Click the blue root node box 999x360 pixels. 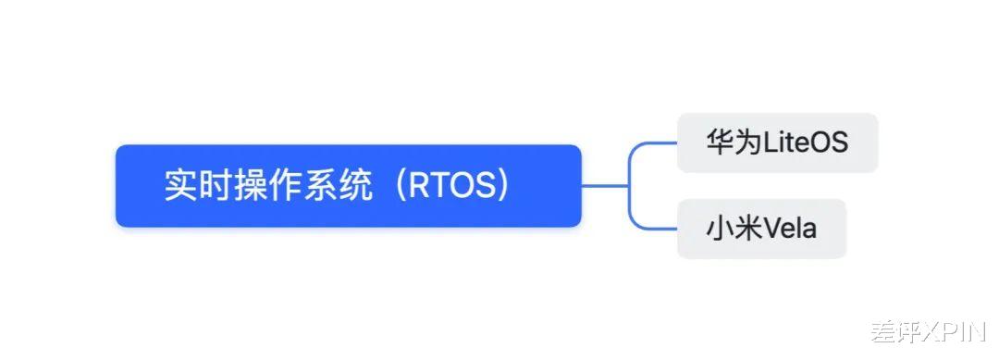point(348,185)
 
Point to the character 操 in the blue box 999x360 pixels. point(249,185)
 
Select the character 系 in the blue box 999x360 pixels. point(319,185)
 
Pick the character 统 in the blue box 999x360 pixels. point(354,185)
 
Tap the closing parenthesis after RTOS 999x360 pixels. point(500,185)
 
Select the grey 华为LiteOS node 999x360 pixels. point(777,143)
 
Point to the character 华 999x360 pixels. point(720,143)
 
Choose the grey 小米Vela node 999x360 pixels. point(761,228)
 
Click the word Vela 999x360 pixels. point(790,228)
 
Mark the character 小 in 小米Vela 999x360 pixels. point(720,228)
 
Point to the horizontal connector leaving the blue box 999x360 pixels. point(605,185)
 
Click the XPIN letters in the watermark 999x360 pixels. point(954,331)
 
